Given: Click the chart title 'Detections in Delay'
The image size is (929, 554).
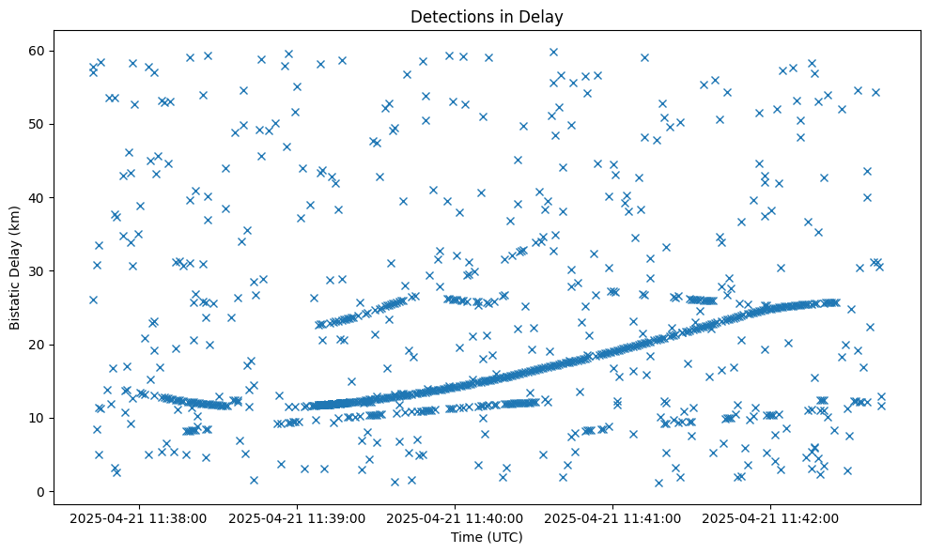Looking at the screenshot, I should click(487, 17).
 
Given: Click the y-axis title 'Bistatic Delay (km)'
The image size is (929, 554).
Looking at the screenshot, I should click(15, 263).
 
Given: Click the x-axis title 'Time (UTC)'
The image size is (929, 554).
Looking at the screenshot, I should click(487, 538).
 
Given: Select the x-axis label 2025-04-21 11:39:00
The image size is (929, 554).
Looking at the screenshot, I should click(298, 518).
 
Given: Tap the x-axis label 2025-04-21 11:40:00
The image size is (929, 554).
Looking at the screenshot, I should click(456, 518).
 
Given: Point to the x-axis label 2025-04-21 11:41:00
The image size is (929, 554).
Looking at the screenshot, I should click(613, 518).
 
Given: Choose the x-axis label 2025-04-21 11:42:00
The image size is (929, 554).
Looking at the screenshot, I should click(771, 518).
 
